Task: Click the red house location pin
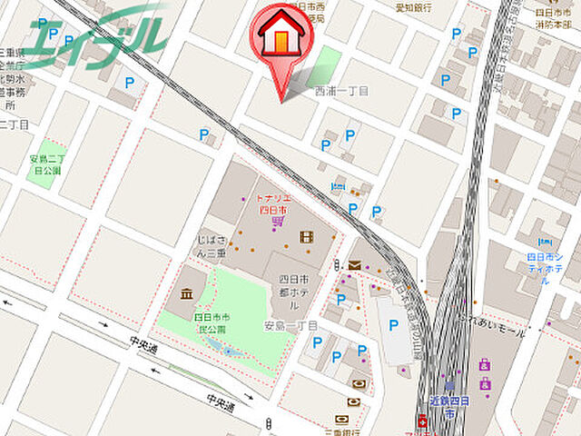281,41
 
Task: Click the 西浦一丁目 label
341,92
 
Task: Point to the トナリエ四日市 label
273,203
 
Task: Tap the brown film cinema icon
306,237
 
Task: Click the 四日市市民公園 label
212,322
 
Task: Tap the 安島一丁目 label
291,325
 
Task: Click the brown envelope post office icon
353,265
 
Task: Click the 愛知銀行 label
411,7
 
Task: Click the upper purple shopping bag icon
484,365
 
